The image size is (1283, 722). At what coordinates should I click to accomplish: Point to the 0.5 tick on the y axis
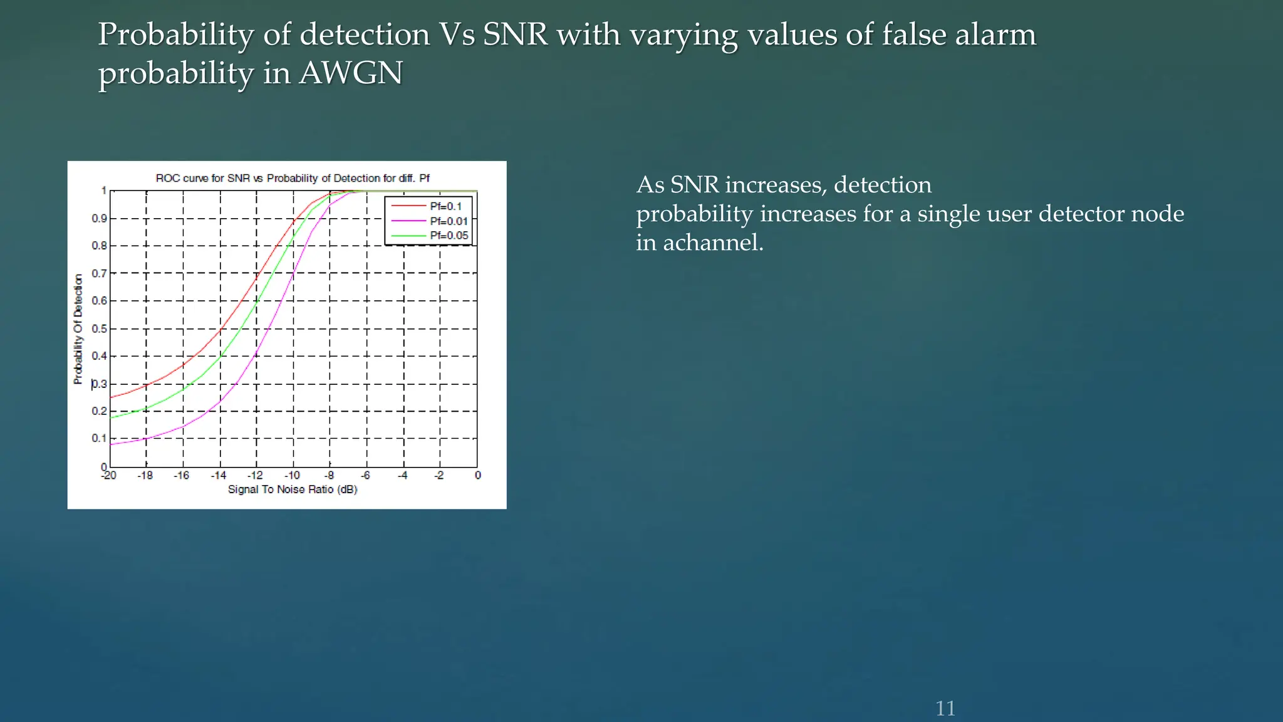tap(100, 329)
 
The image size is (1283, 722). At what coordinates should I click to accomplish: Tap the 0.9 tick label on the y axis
tap(100, 218)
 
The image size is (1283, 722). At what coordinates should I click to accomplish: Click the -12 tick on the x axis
tap(256, 476)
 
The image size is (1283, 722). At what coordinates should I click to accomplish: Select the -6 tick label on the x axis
tap(366, 476)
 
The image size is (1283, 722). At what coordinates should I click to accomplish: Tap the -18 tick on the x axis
tap(145, 476)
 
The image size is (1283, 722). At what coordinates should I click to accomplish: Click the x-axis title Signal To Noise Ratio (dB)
tap(293, 489)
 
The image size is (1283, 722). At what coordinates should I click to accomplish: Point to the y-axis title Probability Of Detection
tap(78, 329)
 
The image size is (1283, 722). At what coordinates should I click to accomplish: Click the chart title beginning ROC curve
tap(293, 179)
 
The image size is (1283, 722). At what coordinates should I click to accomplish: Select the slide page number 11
tap(945, 708)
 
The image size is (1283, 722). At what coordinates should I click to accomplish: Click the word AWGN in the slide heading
tap(351, 73)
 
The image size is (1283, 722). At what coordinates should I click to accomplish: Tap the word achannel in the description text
tap(714, 243)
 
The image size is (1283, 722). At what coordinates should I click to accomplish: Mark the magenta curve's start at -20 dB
tap(111, 444)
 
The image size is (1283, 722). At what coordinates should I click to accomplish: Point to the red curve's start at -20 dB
tap(111, 397)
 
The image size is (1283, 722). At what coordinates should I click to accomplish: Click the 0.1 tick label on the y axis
tap(100, 438)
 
